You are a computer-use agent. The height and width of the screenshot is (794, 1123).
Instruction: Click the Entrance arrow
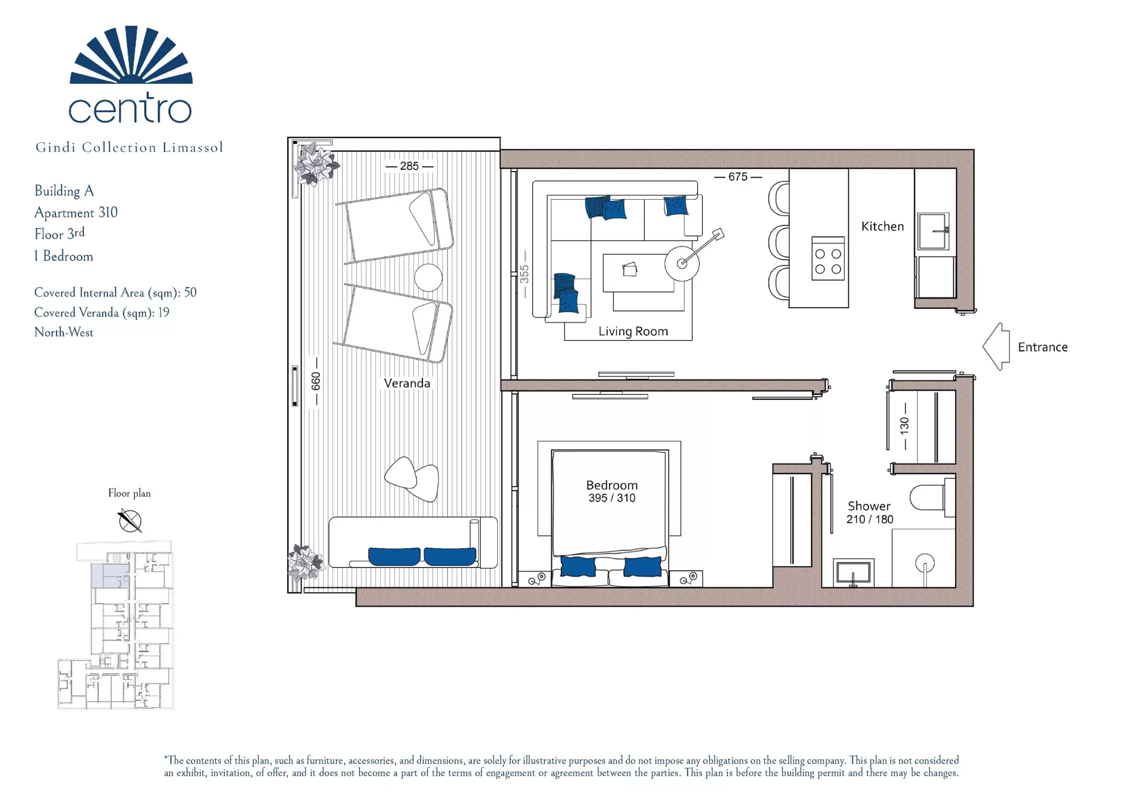coord(996,347)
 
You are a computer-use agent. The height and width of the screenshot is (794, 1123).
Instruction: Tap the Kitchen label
coord(882,226)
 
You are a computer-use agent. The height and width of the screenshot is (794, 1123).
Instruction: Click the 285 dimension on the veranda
coord(409,166)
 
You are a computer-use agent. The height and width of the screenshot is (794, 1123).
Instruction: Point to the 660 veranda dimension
coord(316,381)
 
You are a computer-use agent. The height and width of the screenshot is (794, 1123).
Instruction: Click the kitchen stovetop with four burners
coord(828,258)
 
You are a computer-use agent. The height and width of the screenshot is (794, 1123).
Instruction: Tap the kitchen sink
coord(933,231)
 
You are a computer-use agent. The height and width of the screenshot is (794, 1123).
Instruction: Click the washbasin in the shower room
coord(853,572)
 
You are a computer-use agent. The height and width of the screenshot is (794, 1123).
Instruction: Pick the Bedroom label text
coord(612,485)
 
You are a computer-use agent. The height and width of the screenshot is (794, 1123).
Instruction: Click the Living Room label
coord(633,331)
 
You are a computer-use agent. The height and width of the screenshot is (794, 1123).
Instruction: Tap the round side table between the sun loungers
coord(428,277)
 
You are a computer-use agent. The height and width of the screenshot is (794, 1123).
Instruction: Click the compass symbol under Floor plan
coord(130,521)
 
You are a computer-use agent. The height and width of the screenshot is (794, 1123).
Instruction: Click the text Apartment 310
coord(76,212)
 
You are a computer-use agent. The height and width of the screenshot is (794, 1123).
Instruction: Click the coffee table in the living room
coord(638,272)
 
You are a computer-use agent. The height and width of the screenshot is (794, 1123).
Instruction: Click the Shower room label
coord(869,506)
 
